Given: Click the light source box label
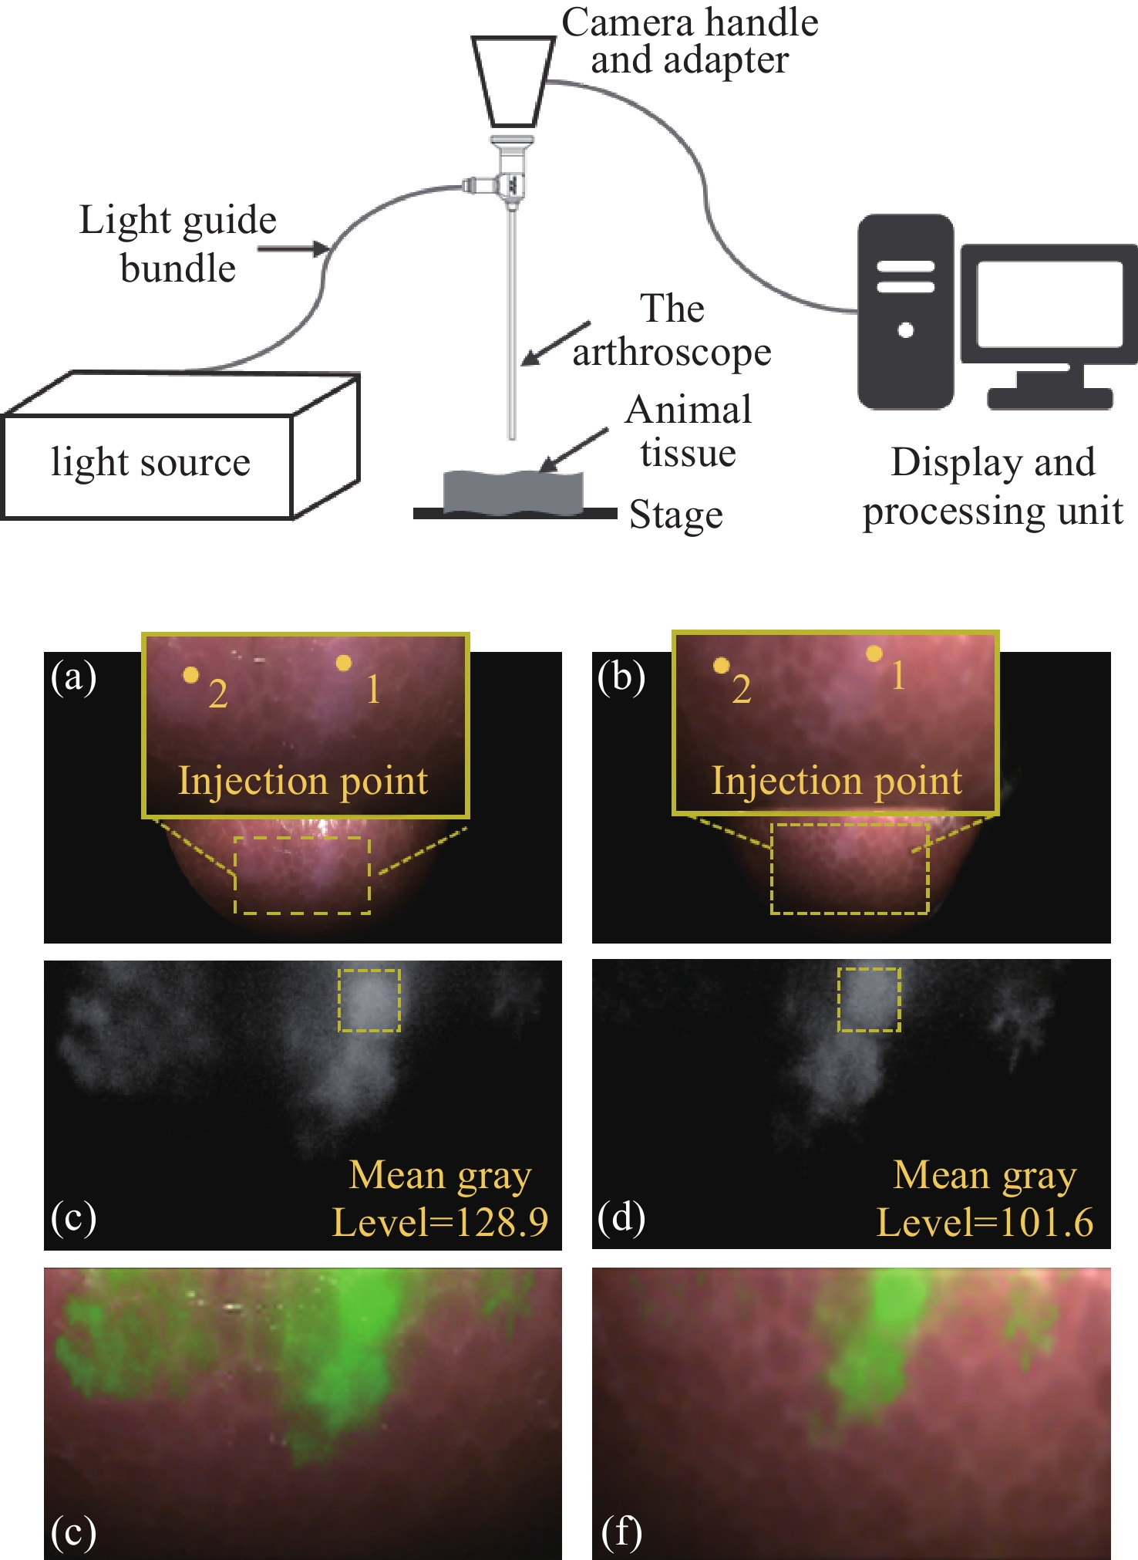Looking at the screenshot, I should tap(150, 462).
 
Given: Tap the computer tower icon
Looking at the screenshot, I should tap(906, 312).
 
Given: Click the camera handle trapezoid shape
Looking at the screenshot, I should tap(513, 81).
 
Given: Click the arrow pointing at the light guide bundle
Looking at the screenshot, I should tap(293, 248).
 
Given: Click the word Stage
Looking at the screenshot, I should tap(675, 515).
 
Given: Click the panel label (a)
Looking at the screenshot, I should tap(73, 677).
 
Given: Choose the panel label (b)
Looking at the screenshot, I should tap(621, 677).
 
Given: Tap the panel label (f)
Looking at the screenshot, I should tap(621, 1531).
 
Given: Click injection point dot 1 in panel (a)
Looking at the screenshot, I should tap(344, 662).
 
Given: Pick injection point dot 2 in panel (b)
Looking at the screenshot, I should tap(721, 665).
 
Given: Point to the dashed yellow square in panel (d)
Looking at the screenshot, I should tap(869, 999).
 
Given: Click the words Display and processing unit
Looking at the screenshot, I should tap(992, 486).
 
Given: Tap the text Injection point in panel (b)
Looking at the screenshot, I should tap(837, 780).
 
